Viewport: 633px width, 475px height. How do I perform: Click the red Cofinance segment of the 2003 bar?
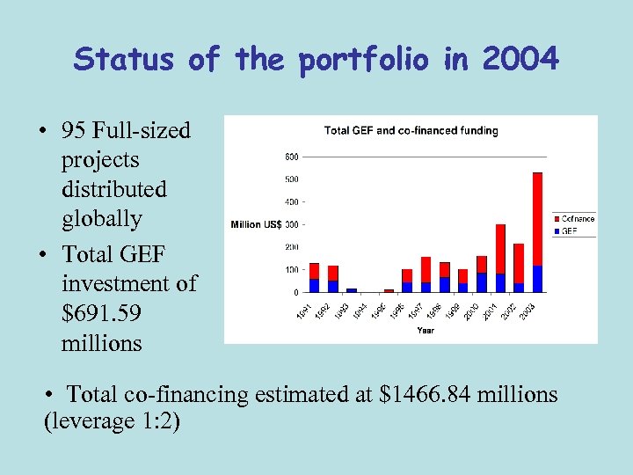[537, 219]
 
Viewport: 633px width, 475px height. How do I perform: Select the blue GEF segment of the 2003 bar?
[537, 279]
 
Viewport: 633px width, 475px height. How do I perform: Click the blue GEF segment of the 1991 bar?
[314, 285]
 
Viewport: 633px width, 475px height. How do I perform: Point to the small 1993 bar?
[352, 289]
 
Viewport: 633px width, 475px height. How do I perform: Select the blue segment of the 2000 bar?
[482, 282]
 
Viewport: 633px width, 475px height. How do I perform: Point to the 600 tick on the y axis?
[291, 157]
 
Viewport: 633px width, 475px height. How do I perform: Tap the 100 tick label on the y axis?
[291, 269]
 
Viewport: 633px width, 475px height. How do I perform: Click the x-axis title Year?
[426, 331]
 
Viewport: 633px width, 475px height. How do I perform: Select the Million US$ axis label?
[256, 224]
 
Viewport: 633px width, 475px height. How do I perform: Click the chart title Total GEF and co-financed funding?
[411, 130]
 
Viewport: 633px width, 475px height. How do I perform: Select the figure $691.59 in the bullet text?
[101, 313]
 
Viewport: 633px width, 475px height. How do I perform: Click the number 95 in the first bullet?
[76, 130]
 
